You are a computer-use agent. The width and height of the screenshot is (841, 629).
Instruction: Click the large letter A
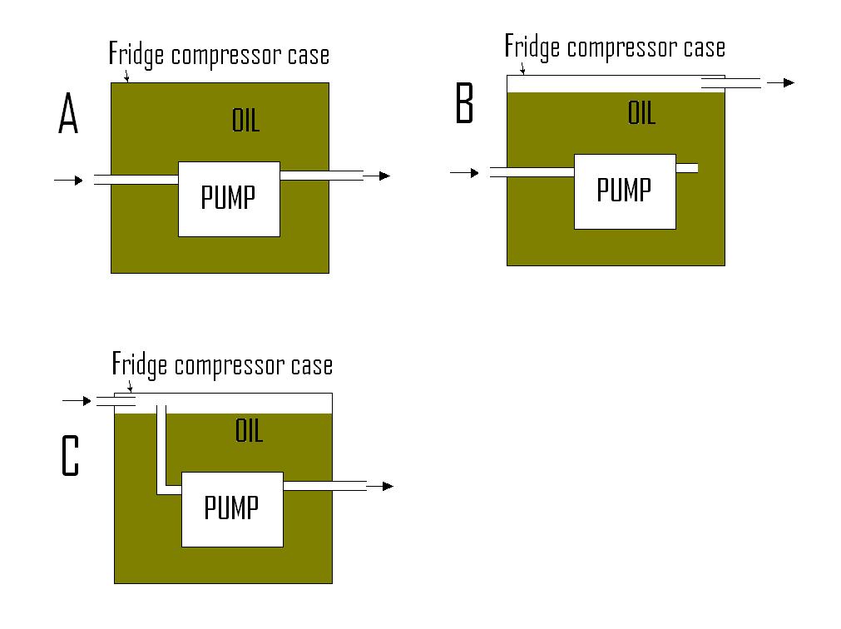[x=68, y=114]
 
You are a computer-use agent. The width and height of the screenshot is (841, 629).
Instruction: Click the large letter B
[x=464, y=105]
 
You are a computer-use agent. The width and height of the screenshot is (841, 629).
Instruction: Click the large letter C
[x=71, y=457]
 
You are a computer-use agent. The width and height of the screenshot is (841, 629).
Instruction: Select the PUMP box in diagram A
[x=229, y=199]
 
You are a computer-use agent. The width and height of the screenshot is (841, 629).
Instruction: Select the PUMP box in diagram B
[x=625, y=191]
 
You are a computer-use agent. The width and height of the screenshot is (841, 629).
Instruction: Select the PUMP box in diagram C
[x=232, y=508]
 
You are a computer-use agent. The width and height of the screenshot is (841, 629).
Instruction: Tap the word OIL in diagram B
[x=641, y=113]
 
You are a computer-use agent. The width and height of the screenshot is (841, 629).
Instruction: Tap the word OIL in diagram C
[x=249, y=431]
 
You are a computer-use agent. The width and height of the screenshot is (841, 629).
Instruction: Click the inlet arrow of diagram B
[x=464, y=172]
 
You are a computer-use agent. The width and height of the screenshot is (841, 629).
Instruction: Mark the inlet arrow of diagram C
[x=77, y=401]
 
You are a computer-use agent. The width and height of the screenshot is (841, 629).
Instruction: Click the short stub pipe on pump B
[x=686, y=168]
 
